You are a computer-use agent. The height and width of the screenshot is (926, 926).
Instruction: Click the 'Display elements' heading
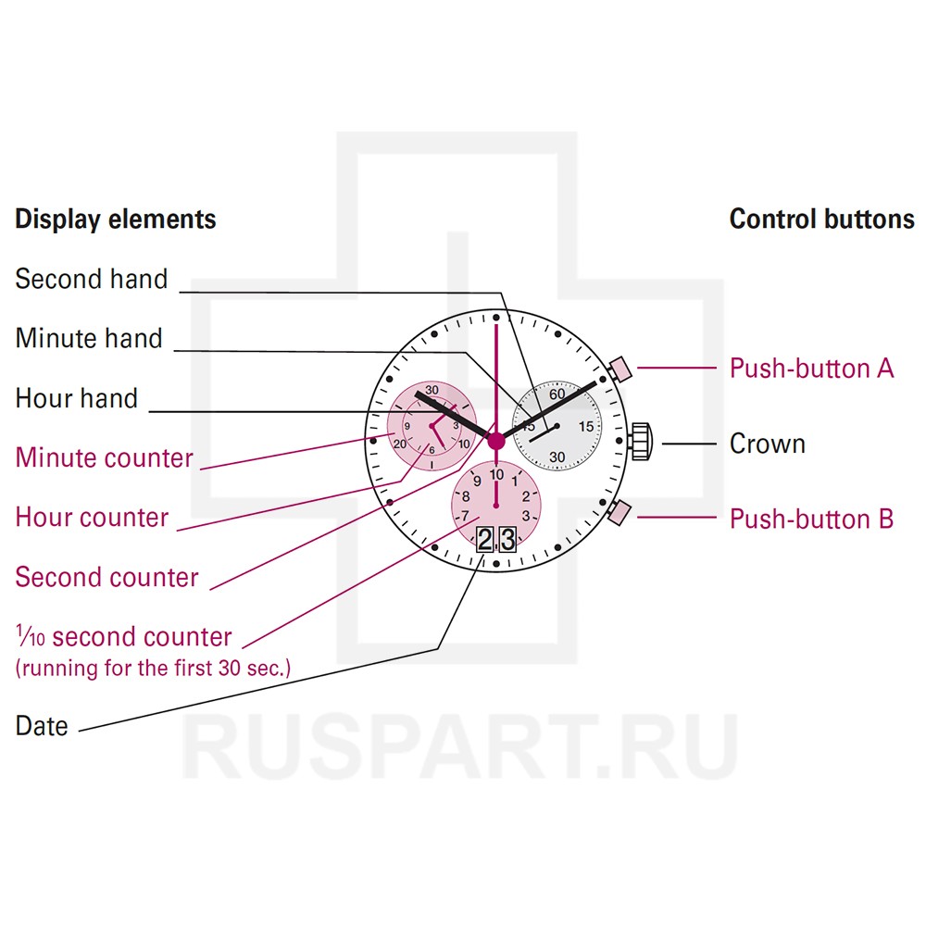tap(116, 219)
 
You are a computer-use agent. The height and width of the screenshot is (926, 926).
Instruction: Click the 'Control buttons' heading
tap(821, 219)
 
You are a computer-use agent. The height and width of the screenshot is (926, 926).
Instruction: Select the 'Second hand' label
tap(92, 279)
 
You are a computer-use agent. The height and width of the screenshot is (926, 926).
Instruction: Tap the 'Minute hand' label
tap(89, 338)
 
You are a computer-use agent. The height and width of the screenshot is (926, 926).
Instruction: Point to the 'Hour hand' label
tap(77, 398)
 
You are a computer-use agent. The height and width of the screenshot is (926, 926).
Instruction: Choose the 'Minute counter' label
tap(105, 457)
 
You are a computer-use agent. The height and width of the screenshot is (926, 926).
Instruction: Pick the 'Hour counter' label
tap(93, 517)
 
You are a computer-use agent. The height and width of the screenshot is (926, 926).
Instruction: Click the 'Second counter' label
tap(107, 577)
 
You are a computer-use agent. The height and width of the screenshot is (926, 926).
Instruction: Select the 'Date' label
tap(42, 726)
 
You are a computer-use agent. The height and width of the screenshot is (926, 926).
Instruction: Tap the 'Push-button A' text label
tap(812, 369)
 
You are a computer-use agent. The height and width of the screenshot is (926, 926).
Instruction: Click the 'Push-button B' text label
tap(812, 519)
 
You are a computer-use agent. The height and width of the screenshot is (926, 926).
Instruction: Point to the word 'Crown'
tap(768, 444)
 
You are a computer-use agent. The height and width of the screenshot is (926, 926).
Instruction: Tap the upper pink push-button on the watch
tap(619, 370)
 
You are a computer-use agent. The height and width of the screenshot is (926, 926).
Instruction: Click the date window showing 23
tap(495, 539)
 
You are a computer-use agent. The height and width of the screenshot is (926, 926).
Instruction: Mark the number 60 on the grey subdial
tap(557, 394)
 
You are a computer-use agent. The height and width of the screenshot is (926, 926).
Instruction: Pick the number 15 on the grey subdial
tap(586, 427)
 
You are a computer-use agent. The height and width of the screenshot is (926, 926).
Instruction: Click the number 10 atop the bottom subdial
tap(497, 475)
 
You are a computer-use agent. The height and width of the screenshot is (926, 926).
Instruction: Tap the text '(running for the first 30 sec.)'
tap(153, 668)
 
